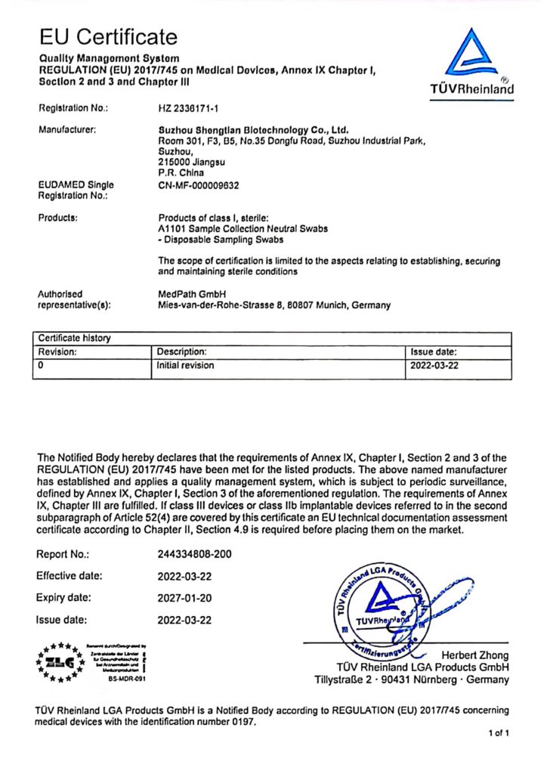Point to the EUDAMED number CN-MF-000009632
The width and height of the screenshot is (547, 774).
(x=199, y=184)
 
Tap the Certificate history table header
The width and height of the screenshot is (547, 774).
(x=75, y=339)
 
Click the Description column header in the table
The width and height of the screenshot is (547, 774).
(x=181, y=351)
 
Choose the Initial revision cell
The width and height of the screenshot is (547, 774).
(x=185, y=365)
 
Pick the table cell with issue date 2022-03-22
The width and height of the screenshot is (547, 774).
(x=435, y=365)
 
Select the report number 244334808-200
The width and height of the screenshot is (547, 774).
(x=195, y=554)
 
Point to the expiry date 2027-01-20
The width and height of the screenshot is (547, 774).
(x=184, y=598)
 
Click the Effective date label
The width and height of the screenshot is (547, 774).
(x=69, y=576)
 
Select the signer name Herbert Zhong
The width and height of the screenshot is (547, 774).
(x=474, y=655)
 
